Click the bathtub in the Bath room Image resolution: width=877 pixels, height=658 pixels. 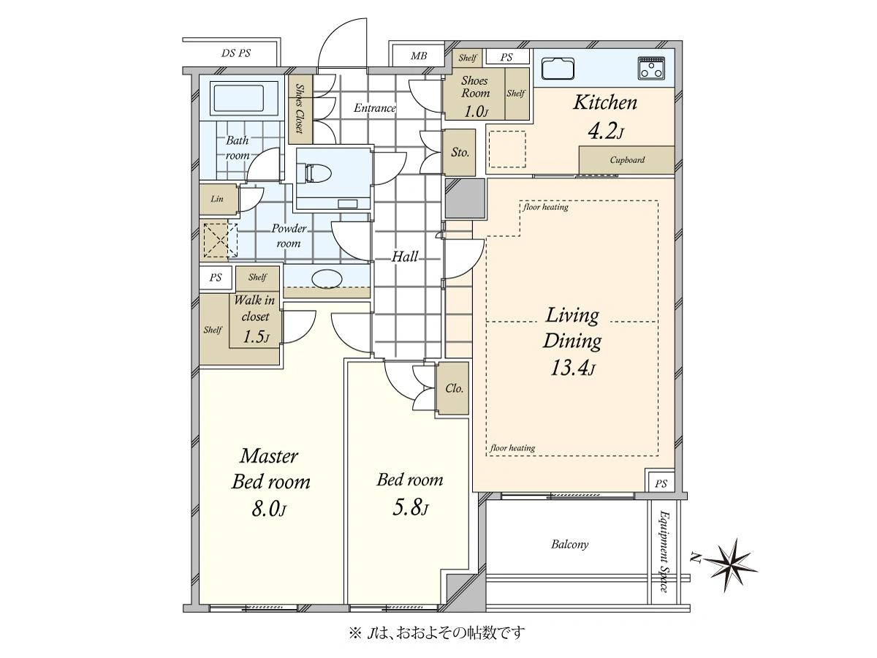(x=238, y=98)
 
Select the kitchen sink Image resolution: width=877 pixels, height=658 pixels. (x=558, y=69)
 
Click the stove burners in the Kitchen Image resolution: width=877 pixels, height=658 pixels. (x=651, y=68)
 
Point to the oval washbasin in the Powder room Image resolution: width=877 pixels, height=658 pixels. (x=327, y=279)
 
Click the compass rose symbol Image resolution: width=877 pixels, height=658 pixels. (x=733, y=565)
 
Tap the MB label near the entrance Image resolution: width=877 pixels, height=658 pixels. (x=418, y=56)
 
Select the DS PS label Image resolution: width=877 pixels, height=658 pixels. (x=236, y=53)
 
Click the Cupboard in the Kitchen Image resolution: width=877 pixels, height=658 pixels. (x=626, y=160)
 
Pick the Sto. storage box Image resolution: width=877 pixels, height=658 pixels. (x=460, y=152)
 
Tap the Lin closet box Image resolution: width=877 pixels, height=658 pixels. (x=218, y=199)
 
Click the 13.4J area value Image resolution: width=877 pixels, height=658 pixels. (x=572, y=368)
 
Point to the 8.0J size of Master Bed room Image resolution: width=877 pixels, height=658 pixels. (x=269, y=509)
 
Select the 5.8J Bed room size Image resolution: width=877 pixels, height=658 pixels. (x=410, y=508)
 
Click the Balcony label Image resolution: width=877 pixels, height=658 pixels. (x=569, y=544)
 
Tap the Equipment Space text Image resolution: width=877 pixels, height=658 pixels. (x=664, y=551)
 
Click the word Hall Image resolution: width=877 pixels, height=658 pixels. (x=405, y=257)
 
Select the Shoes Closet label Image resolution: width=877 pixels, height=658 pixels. (x=300, y=108)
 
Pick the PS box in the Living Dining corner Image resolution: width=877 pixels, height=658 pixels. (x=660, y=483)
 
